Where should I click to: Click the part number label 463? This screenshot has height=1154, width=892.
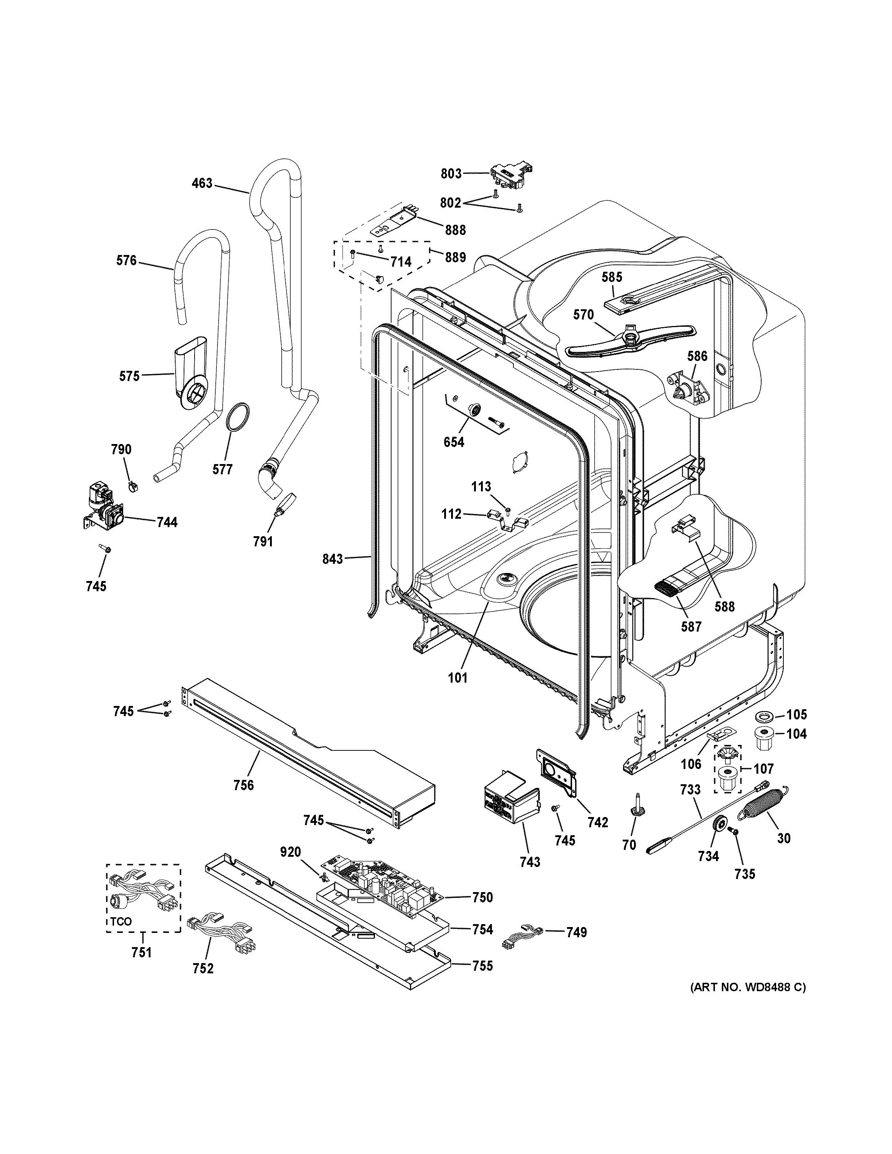click(202, 183)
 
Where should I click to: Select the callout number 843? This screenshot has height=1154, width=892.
click(333, 558)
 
